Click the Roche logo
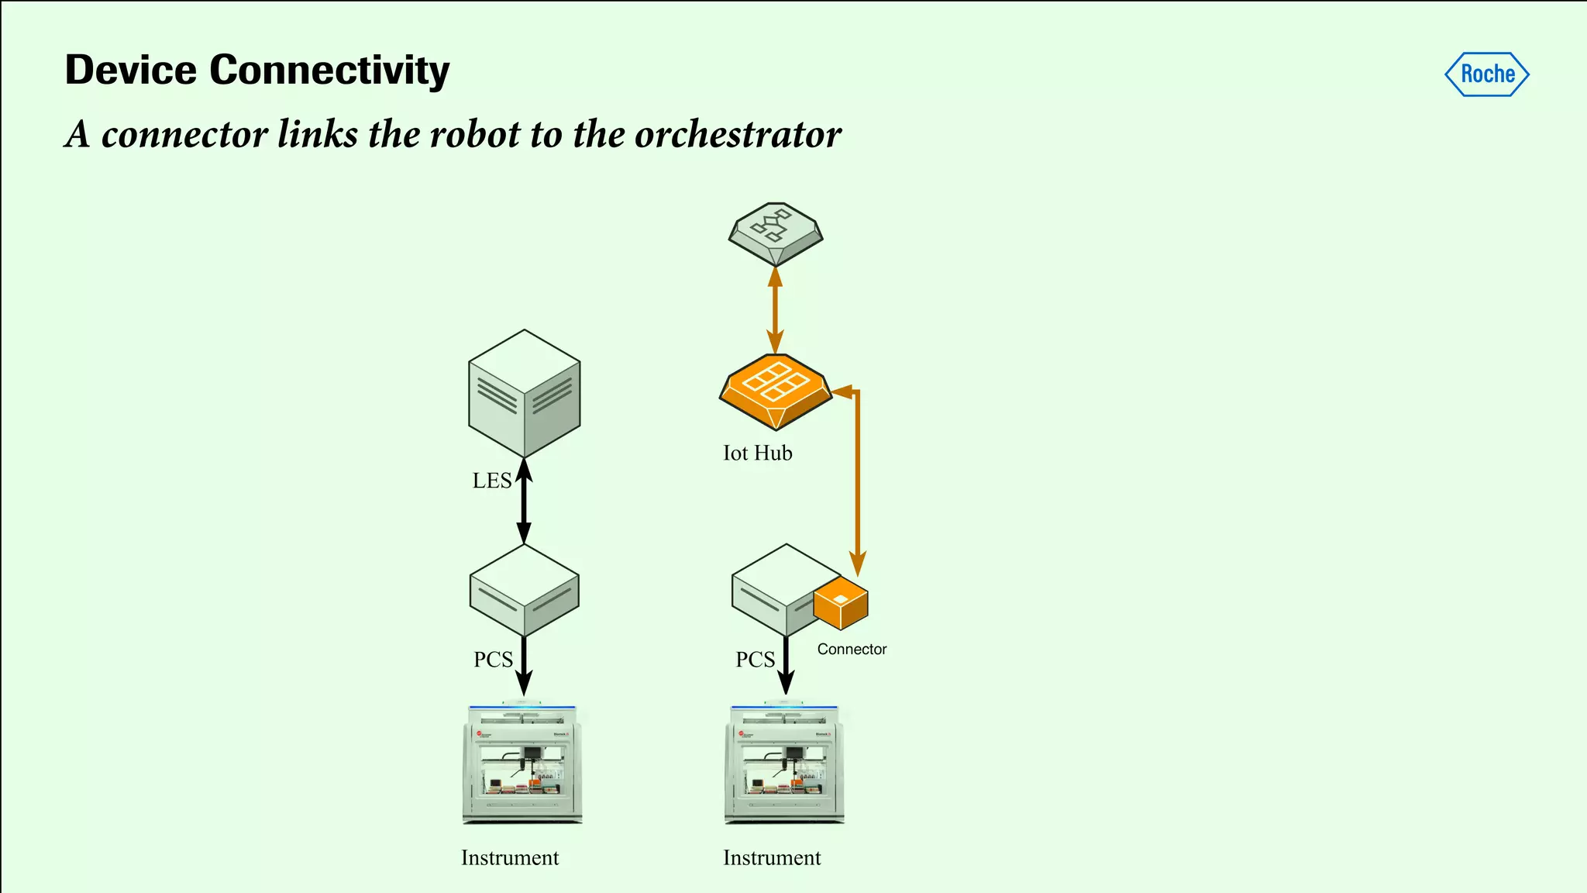1486,74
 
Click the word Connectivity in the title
329,71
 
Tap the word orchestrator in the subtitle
738,135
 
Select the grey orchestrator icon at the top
776,233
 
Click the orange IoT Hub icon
776,391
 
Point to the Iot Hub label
757,453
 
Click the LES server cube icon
525,393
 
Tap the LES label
492,481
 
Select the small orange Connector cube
841,602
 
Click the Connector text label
852,650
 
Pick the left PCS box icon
525,590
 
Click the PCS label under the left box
493,660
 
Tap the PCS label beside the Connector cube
755,660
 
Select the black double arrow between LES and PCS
524,501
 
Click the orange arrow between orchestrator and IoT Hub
775,310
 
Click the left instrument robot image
522,764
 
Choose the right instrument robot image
784,764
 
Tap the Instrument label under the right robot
772,858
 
